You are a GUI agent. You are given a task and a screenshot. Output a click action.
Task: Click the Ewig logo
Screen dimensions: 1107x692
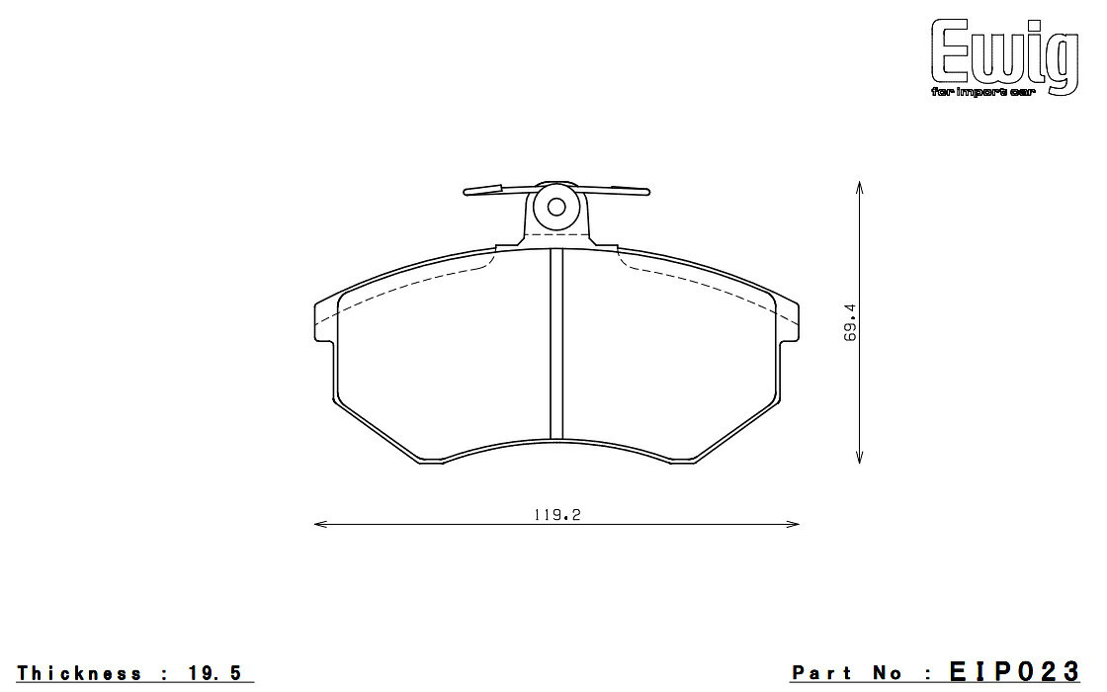coord(1004,56)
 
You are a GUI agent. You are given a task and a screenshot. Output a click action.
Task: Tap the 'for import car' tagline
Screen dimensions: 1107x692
coord(982,93)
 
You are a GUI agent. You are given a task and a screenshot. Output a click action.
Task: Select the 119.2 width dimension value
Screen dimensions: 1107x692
coord(557,515)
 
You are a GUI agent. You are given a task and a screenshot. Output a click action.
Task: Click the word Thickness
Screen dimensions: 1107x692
coord(79,673)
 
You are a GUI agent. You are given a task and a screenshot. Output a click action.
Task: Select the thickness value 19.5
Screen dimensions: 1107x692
coord(215,673)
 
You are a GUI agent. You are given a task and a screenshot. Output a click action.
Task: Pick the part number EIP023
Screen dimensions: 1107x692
coord(1014,671)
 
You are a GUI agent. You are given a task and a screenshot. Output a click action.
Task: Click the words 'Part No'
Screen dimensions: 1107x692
coord(847,673)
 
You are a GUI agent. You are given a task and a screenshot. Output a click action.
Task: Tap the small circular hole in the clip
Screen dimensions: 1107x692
coord(556,207)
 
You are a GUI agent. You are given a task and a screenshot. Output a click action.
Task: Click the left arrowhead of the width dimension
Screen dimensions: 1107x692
coord(320,524)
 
